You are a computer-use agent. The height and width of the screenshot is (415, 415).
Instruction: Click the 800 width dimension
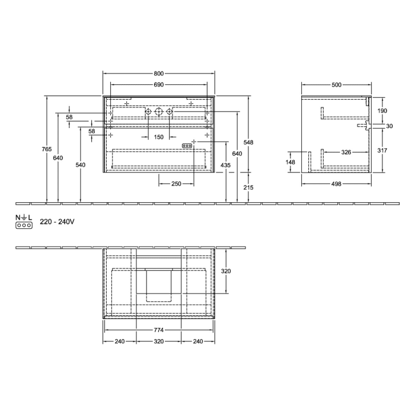coord(159,74)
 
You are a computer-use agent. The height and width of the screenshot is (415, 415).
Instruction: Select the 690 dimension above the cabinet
coord(159,85)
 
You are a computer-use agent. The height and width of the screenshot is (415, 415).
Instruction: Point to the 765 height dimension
coord(47,149)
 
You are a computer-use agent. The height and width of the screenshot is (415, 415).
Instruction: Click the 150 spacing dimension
coord(159,138)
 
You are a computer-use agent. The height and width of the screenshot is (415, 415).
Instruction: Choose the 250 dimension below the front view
coord(175,184)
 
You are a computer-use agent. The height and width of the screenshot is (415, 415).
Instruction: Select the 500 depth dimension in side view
coord(336,85)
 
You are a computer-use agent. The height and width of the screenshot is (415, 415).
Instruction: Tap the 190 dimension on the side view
coord(382,111)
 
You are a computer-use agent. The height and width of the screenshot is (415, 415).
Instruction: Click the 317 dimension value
coord(382,151)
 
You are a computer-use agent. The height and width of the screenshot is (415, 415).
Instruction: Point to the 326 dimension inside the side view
coord(346,152)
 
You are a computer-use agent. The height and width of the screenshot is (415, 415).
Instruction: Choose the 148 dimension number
coord(290,162)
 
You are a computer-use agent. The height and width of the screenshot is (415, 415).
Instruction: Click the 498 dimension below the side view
coord(336,184)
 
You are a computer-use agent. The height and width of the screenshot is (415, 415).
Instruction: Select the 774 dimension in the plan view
coord(159,330)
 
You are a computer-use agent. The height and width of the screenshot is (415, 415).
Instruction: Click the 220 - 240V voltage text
coord(56,222)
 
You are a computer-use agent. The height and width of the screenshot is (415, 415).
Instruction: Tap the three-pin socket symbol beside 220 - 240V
coord(23,226)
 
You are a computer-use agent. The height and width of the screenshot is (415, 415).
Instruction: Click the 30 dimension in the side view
coord(389,126)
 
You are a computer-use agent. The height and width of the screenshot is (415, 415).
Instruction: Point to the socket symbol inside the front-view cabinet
coord(186,146)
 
